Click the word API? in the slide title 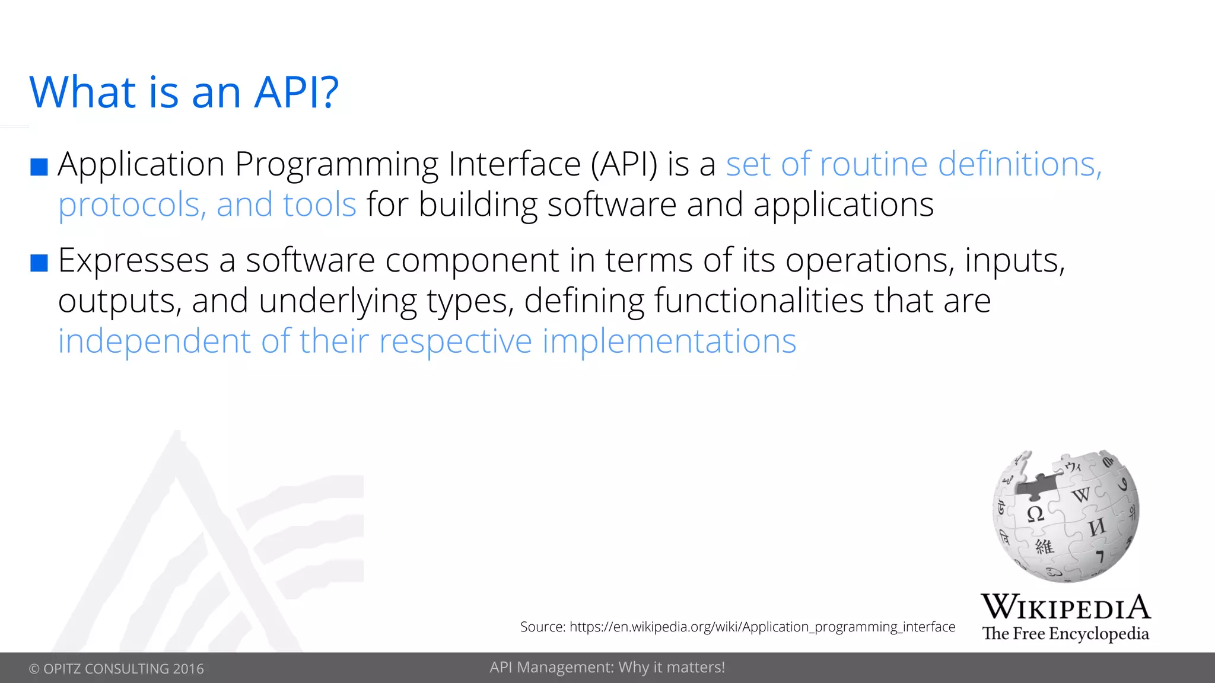point(296,92)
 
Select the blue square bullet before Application point(39,167)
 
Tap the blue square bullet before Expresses point(39,263)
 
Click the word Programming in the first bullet point(336,165)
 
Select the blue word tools point(319,205)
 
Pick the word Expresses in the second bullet point(133,261)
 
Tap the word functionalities point(758,301)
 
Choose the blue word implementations point(669,342)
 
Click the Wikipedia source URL point(762,627)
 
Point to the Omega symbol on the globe point(1035,513)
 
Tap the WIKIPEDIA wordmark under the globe point(1065,607)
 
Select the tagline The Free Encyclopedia point(1065,634)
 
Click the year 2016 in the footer point(188,669)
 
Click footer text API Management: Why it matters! point(607,668)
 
